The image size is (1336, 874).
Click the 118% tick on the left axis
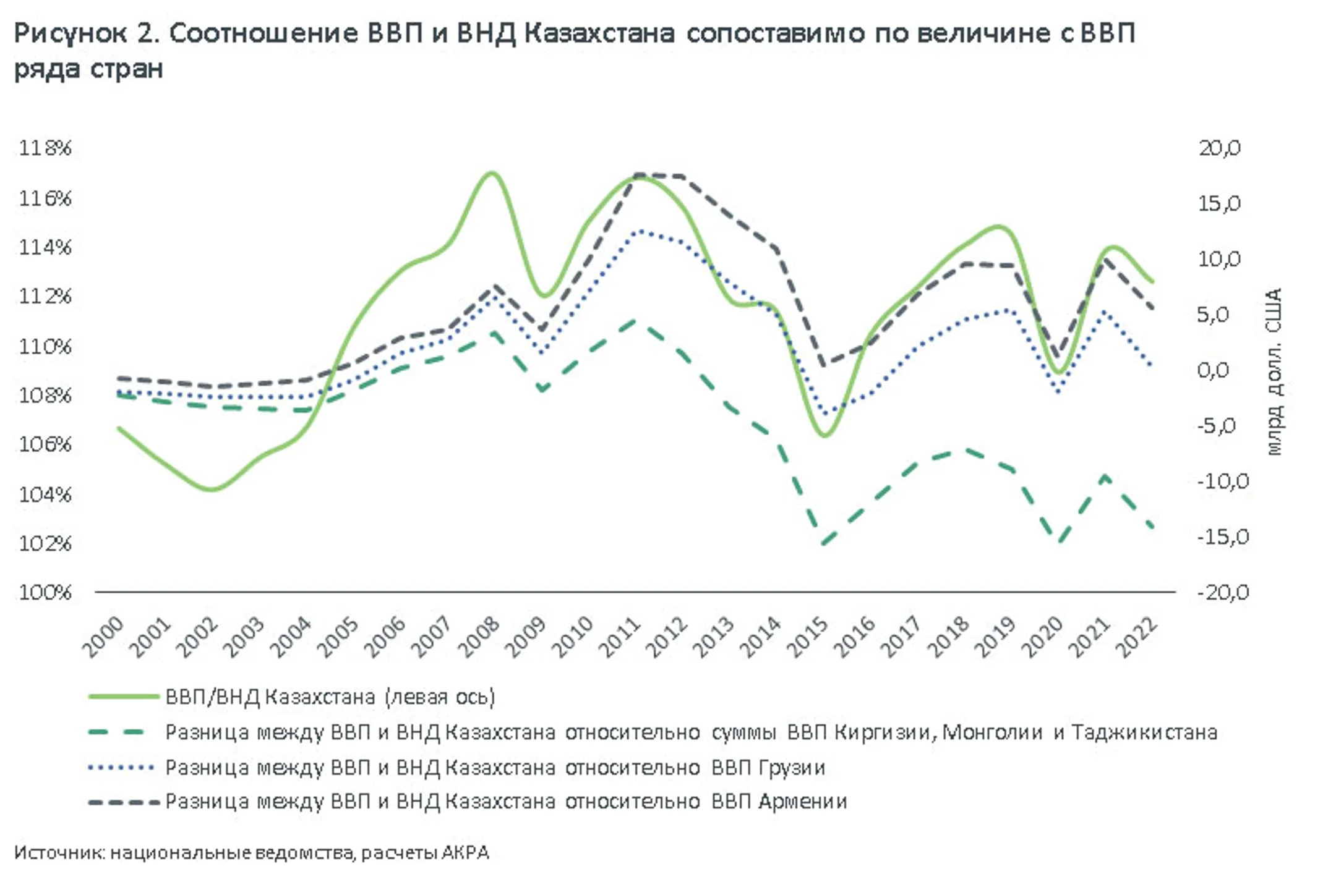pyautogui.click(x=45, y=148)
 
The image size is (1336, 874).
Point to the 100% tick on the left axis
pyautogui.click(x=45, y=593)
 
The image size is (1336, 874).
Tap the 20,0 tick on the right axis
pyautogui.click(x=1219, y=148)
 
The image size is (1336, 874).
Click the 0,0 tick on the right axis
pyautogui.click(x=1213, y=370)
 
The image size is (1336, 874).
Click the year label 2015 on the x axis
pyautogui.click(x=809, y=636)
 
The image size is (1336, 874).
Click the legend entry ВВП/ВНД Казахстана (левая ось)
pyautogui.click(x=330, y=697)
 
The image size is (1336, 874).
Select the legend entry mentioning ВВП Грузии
pyautogui.click(x=495, y=768)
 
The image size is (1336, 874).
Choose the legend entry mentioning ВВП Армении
pyautogui.click(x=505, y=802)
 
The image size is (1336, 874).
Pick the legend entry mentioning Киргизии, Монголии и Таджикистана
pyautogui.click(x=691, y=732)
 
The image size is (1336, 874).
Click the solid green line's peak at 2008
pyautogui.click(x=492, y=173)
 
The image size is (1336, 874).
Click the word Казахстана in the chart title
pyautogui.click(x=599, y=33)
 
